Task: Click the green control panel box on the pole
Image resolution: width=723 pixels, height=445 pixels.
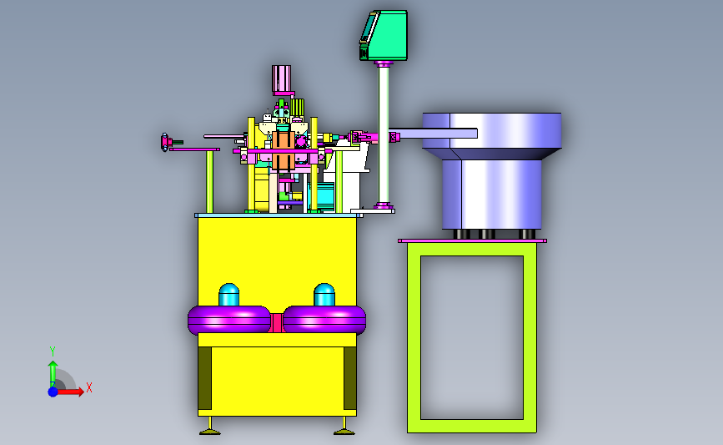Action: [384, 36]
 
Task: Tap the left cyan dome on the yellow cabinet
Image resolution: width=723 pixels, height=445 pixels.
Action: [228, 295]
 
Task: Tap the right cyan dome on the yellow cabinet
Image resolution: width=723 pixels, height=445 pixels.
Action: [324, 295]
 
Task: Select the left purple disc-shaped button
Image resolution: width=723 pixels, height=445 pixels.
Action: [229, 320]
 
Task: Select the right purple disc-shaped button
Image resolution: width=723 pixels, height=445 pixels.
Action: [324, 320]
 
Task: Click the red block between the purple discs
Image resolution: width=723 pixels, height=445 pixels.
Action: [277, 322]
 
